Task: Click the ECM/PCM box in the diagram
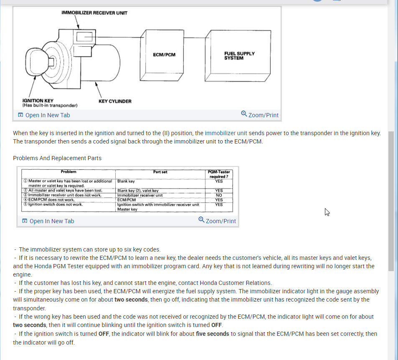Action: point(164,55)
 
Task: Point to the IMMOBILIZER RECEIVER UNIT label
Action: point(94,13)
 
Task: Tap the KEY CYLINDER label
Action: point(115,101)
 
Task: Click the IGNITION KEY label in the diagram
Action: point(38,101)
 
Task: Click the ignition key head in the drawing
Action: point(36,62)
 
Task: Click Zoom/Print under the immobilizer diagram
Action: point(260,115)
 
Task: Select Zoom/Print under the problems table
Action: point(217,221)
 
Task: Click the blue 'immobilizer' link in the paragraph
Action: point(220,133)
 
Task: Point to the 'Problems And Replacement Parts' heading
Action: point(57,158)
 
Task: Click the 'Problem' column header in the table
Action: point(68,172)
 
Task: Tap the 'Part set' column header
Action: point(160,172)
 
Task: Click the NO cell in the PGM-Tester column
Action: point(219,195)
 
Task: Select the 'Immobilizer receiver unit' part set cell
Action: point(140,195)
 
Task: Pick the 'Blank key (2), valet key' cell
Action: point(138,191)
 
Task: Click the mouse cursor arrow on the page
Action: point(327,212)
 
